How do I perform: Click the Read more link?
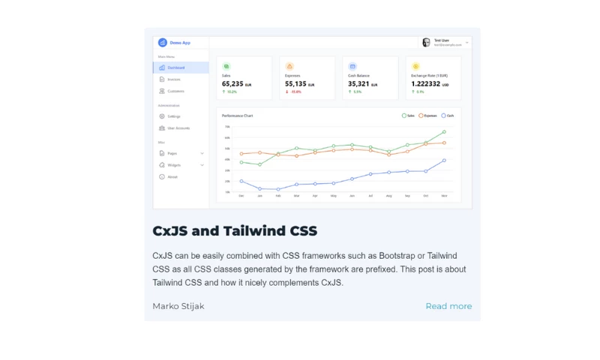coord(448,306)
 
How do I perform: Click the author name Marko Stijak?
coord(178,306)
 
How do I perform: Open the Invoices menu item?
coord(173,79)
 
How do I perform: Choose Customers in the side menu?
coord(175,91)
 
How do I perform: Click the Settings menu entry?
coord(173,116)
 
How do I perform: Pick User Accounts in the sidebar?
coord(178,128)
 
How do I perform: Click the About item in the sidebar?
coord(172,177)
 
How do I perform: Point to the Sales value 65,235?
coord(232,84)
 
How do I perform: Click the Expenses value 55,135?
coord(295,84)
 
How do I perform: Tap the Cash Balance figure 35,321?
coord(358,84)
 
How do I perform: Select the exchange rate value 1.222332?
coord(425,84)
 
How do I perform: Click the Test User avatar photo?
coord(427,43)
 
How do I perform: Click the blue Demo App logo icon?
coord(162,43)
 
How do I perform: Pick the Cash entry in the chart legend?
coord(448,115)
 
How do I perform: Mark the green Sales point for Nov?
coord(444,132)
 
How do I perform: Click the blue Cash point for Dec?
coord(241,181)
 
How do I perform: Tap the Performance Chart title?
coord(238,115)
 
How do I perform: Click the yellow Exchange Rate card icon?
coord(415,66)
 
